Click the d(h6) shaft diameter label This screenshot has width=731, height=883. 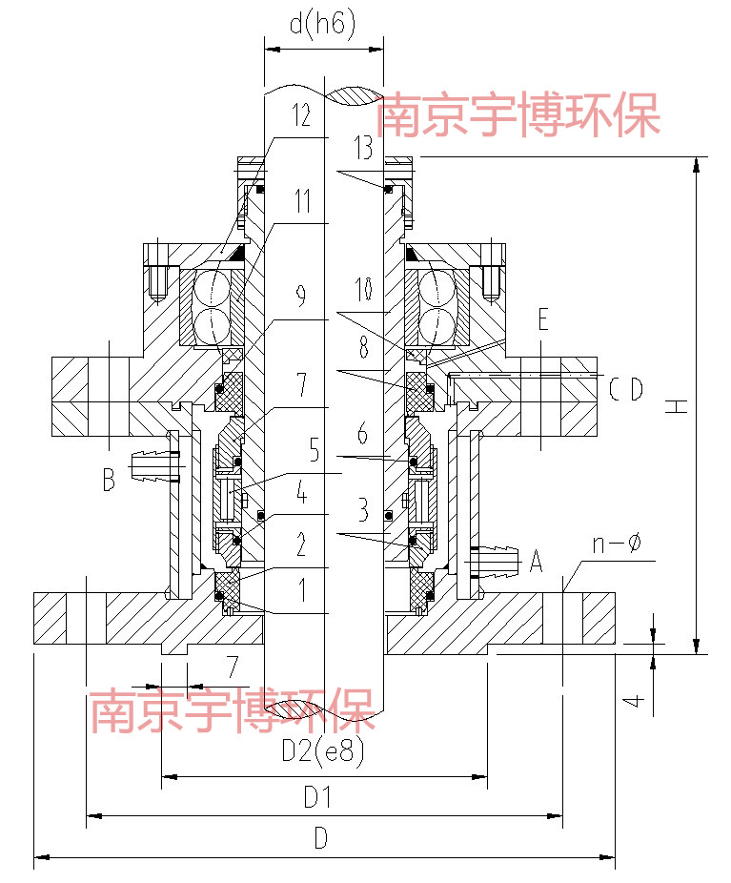pyautogui.click(x=322, y=25)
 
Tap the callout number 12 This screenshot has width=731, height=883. pyautogui.click(x=301, y=117)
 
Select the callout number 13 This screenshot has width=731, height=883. pyautogui.click(x=361, y=147)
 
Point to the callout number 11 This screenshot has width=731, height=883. pyautogui.click(x=302, y=202)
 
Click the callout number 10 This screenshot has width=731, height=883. pyautogui.click(x=361, y=287)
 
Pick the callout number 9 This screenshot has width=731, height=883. pyautogui.click(x=301, y=298)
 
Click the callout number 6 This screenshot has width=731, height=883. pyautogui.click(x=361, y=434)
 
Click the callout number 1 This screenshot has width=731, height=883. pyautogui.click(x=301, y=590)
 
